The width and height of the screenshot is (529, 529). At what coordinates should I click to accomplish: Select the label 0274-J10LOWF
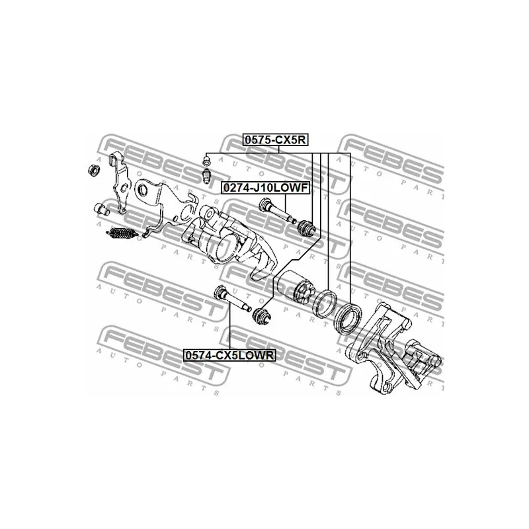[x=264, y=188]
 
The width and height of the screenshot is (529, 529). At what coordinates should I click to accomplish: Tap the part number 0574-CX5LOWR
[x=229, y=355]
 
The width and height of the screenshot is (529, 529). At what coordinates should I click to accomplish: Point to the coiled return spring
[x=120, y=233]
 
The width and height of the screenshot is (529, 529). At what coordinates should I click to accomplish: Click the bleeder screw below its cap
[x=207, y=177]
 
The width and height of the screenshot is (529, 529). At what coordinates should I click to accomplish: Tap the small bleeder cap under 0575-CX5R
[x=206, y=159]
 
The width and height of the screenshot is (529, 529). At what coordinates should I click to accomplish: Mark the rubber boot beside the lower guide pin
[x=263, y=316]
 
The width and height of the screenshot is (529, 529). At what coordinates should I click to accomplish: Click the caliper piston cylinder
[x=296, y=288]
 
